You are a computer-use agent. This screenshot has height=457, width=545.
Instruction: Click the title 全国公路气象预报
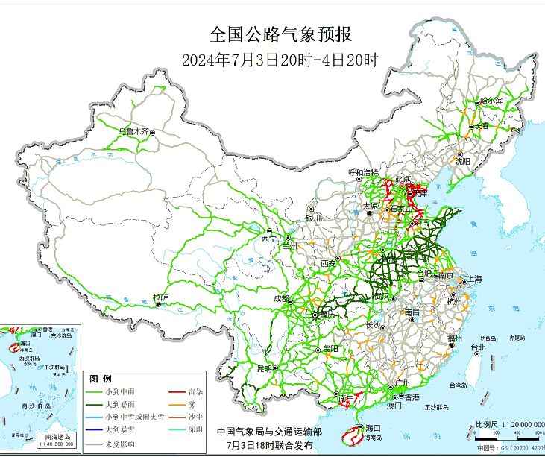pyautogui.click(x=280, y=34)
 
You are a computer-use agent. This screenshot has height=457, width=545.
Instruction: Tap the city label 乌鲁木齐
pyautogui.click(x=134, y=131)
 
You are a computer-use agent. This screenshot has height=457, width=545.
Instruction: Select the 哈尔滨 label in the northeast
pyautogui.click(x=491, y=101)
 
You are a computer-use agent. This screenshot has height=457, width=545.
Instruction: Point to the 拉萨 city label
pyautogui.click(x=160, y=297)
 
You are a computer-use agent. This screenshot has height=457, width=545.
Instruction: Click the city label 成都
pyautogui.click(x=281, y=298)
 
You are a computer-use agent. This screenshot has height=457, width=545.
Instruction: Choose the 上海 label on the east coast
pyautogui.click(x=473, y=279)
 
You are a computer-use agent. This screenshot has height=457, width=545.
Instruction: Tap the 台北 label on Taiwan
pyautogui.click(x=477, y=347)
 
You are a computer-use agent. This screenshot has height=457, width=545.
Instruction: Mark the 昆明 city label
pyautogui.click(x=265, y=368)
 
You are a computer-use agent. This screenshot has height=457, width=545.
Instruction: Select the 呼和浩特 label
pyautogui.click(x=364, y=172)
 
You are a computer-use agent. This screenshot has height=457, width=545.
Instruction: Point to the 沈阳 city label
pyautogui.click(x=463, y=160)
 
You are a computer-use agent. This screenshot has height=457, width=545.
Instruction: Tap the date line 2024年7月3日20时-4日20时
pyautogui.click(x=280, y=60)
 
